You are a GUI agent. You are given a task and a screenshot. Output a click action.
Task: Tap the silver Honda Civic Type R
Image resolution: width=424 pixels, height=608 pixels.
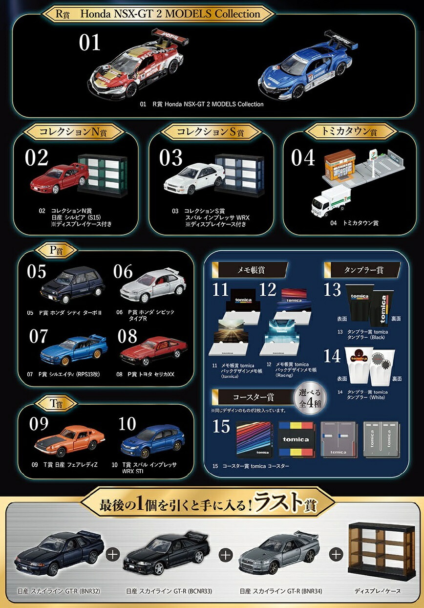(x=152, y=286)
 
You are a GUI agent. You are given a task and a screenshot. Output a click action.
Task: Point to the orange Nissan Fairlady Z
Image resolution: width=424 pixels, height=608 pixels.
(x=69, y=439)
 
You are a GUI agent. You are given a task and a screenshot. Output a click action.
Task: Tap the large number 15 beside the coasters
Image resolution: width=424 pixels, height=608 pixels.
(x=221, y=427)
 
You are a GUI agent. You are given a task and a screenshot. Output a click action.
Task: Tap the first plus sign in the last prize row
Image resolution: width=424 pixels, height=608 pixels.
(x=113, y=555)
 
